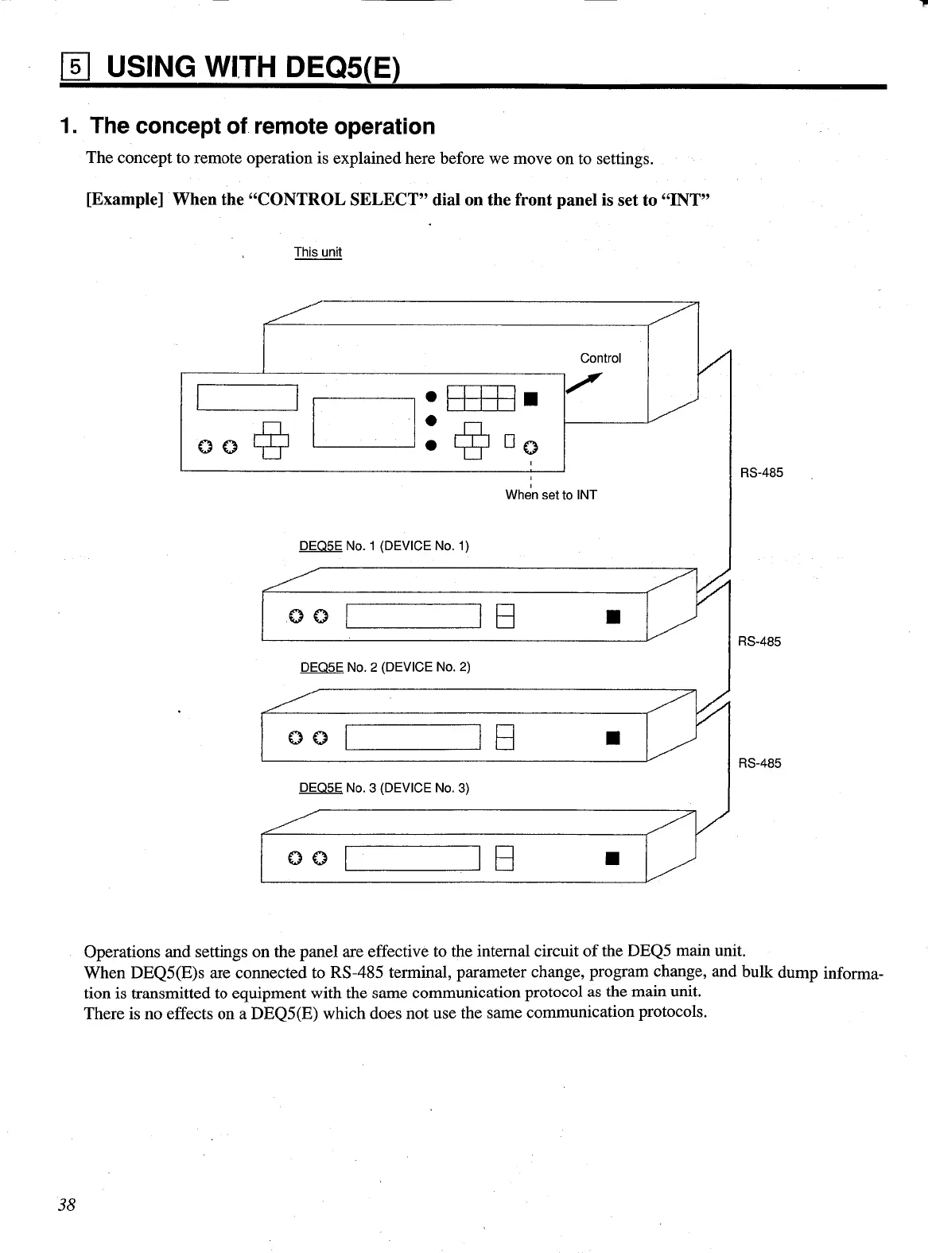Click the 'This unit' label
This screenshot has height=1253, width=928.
click(317, 252)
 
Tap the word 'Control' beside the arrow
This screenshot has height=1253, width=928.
click(600, 358)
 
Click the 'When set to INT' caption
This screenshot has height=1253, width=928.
click(550, 495)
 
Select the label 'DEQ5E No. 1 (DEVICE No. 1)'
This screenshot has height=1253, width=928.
click(383, 545)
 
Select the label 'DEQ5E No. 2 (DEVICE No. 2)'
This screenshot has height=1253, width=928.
click(385, 666)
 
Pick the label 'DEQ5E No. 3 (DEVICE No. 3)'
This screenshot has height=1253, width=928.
click(383, 787)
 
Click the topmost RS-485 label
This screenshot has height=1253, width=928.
click(761, 472)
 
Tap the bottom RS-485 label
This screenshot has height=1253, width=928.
click(759, 763)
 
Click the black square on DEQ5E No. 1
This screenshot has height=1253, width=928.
click(612, 616)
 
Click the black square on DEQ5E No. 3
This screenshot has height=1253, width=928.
click(612, 858)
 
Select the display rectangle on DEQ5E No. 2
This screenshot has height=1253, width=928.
click(414, 737)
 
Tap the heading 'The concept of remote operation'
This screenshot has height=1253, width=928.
click(262, 126)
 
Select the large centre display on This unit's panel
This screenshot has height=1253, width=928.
click(366, 422)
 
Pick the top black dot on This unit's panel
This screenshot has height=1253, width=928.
click(430, 395)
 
